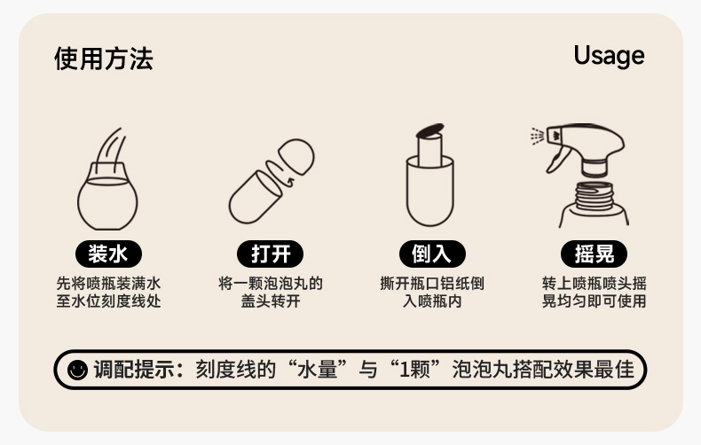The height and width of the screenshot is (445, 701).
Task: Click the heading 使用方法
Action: click(104, 59)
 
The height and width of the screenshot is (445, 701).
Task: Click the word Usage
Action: click(609, 56)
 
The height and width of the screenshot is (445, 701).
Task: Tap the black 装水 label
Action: click(108, 254)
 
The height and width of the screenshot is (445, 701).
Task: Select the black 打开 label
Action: click(270, 254)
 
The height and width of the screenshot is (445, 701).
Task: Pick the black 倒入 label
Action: click(432, 254)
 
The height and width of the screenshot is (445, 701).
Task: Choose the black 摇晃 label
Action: click(594, 254)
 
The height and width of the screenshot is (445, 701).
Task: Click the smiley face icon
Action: click(77, 370)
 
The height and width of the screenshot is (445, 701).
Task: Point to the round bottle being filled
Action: click(107, 197)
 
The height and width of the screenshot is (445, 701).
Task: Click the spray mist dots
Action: click(537, 137)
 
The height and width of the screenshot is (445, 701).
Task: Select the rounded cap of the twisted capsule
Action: click(296, 156)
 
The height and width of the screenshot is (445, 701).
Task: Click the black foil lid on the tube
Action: click(430, 130)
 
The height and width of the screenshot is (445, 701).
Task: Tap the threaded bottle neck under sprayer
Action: click(594, 196)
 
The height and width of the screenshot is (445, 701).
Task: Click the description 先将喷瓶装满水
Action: click(108, 284)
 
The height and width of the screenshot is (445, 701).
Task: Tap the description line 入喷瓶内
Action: click(432, 301)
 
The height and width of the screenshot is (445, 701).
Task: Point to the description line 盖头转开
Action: click(271, 301)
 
